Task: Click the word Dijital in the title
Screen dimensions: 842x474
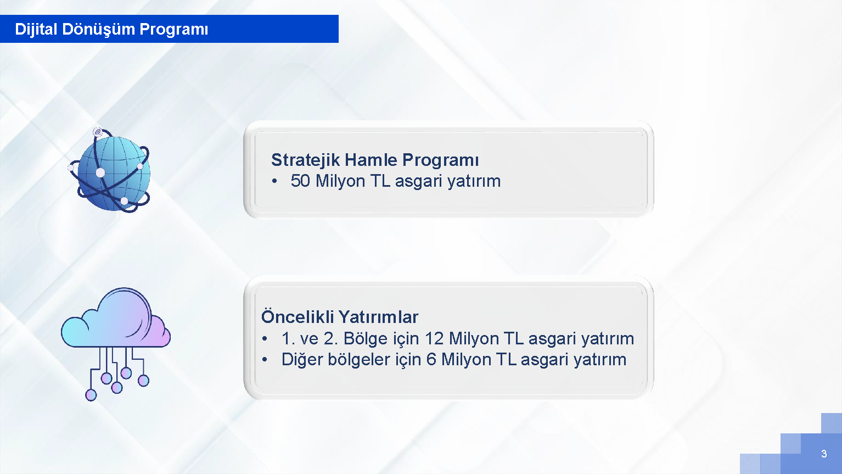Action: tap(36, 29)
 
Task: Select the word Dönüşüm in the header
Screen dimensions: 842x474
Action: tap(98, 30)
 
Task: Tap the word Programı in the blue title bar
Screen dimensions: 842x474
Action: tap(173, 30)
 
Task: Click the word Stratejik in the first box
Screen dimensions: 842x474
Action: tap(306, 160)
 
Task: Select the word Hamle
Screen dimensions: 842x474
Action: tap(371, 160)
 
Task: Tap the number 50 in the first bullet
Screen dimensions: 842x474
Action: tap(300, 181)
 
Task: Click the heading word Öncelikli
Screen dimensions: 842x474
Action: tap(297, 316)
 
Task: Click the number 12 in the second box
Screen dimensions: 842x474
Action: tap(434, 338)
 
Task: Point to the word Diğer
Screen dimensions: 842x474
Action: tap(302, 359)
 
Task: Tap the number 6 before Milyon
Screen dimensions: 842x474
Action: tap(431, 359)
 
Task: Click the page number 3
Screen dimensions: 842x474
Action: tap(824, 454)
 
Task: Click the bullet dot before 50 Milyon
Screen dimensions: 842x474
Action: tap(274, 182)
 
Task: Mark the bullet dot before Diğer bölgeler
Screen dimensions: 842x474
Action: tap(265, 360)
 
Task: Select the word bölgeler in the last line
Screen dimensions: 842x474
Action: tap(359, 359)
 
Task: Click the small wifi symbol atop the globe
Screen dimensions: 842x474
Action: tap(98, 132)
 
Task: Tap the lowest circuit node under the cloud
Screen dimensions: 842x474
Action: tap(91, 395)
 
